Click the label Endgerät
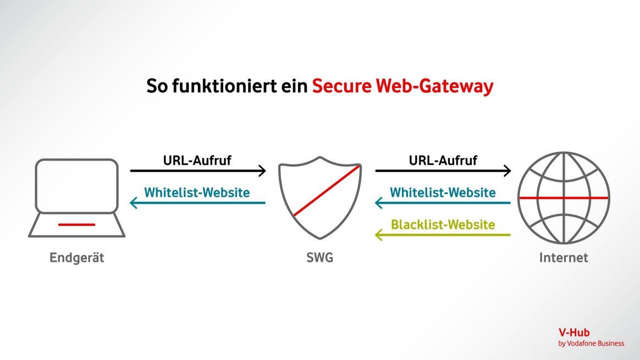point(76,257)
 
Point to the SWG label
point(319,257)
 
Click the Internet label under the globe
point(564,257)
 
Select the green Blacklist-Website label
point(443,224)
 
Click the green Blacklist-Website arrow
point(443,235)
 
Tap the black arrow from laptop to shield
point(198,171)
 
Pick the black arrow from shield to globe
point(443,171)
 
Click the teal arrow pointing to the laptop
point(198,203)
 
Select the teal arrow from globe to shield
point(443,203)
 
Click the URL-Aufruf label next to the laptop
point(197,160)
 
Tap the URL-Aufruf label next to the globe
point(443,160)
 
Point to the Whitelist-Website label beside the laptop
point(197,192)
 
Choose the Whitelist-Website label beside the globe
point(443,192)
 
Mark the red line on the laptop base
point(76,224)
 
